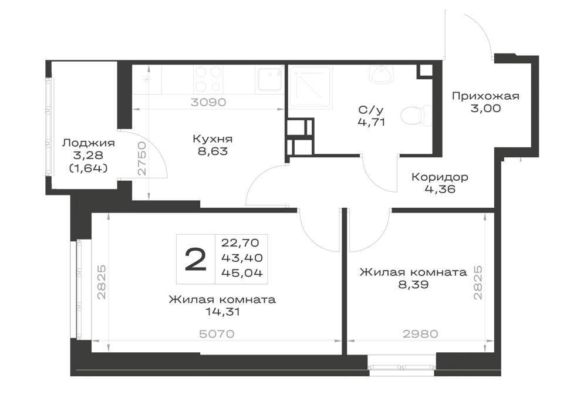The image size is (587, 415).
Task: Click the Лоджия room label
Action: pos(89,143)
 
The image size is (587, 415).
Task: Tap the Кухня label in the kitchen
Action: pos(212,139)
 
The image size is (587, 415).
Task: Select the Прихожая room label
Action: pos(485,96)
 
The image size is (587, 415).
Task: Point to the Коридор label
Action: pos(440,177)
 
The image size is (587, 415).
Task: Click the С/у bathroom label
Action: pos(371,110)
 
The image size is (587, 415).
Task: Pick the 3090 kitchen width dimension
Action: pos(208,102)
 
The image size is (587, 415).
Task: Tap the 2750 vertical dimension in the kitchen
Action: pos(141,158)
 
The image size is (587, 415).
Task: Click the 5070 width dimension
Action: pos(217,334)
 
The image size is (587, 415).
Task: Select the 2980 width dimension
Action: pos(420,334)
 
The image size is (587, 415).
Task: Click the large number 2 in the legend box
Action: pos(196,259)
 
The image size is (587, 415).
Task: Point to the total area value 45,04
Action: pos(242,273)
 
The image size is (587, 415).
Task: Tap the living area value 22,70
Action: pos(240,243)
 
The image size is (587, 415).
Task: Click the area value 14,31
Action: pos(222,312)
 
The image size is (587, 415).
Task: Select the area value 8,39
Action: pos(413,285)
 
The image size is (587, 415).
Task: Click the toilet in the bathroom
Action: pos(415,115)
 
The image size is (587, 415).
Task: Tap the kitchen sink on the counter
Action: pos(269,79)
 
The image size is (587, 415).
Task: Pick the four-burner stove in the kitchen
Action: pos(208,79)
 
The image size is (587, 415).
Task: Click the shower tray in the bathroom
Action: pos(311,87)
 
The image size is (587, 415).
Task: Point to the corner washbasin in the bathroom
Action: pos(382,74)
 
